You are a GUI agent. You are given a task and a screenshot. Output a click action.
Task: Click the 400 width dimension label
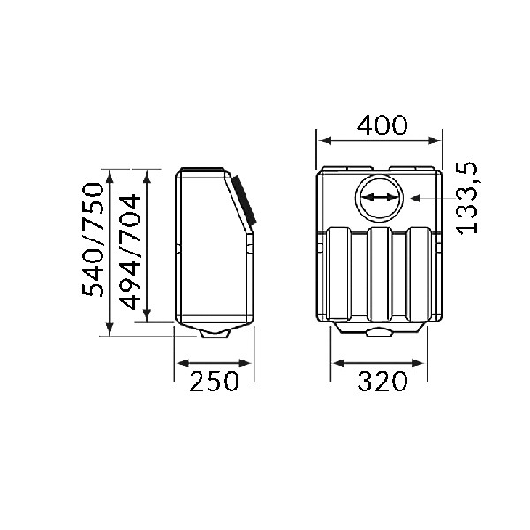click(x=382, y=125)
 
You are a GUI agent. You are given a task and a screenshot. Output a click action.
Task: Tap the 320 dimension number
click(x=382, y=381)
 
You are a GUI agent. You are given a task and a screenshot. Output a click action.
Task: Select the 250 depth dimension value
click(x=214, y=381)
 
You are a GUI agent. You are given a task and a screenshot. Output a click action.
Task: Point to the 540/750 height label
click(x=92, y=239)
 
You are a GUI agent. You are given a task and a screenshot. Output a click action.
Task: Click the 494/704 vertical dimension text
click(x=131, y=252)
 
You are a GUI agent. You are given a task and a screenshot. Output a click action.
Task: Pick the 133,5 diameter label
click(x=467, y=198)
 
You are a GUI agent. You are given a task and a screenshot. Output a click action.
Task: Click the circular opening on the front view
click(x=379, y=198)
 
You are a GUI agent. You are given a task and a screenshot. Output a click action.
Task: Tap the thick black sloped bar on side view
click(x=244, y=200)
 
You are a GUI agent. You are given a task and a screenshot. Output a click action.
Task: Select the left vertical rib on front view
click(x=340, y=274)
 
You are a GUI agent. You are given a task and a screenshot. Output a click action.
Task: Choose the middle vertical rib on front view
click(x=380, y=274)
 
